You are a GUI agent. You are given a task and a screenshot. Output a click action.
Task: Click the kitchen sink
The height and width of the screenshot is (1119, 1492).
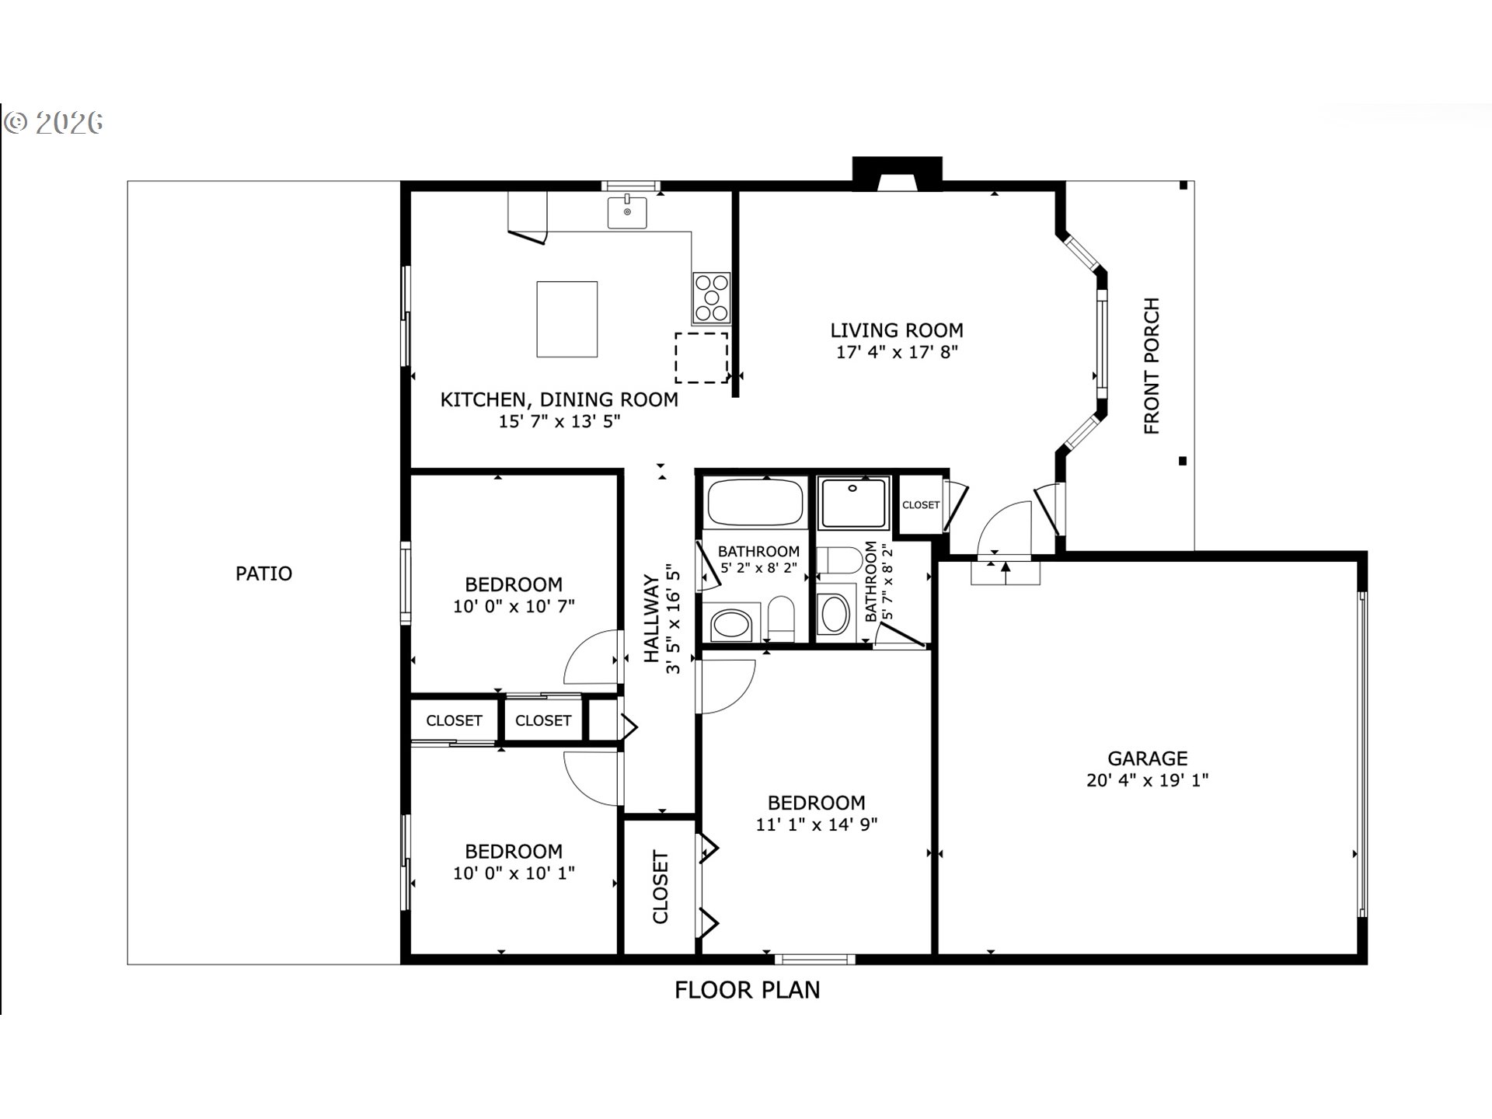pyautogui.click(x=627, y=212)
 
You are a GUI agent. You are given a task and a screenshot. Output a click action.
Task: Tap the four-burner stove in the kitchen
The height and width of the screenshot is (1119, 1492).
pyautogui.click(x=712, y=298)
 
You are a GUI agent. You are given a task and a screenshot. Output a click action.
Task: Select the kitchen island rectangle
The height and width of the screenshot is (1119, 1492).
pyautogui.click(x=567, y=319)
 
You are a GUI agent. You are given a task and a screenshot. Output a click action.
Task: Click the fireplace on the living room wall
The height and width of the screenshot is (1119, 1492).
pyautogui.click(x=898, y=173)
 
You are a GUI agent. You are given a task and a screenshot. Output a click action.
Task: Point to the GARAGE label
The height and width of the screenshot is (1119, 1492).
pyautogui.click(x=1147, y=758)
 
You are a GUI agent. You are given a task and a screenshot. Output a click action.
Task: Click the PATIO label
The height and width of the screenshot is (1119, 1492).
pyautogui.click(x=264, y=573)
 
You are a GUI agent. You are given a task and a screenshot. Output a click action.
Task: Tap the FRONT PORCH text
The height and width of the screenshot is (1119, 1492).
pyautogui.click(x=1152, y=365)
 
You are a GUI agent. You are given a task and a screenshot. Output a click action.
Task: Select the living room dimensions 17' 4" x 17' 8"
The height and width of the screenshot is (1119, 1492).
pyautogui.click(x=897, y=352)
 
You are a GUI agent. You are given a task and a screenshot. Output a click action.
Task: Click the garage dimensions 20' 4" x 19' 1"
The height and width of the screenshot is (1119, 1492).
pyautogui.click(x=1147, y=780)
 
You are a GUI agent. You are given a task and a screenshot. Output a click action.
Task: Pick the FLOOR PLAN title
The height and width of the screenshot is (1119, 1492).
pyautogui.click(x=747, y=990)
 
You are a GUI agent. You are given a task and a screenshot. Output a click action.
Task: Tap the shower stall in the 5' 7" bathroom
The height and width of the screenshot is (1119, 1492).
pyautogui.click(x=853, y=503)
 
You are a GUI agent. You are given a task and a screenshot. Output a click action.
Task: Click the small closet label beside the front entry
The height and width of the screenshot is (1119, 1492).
pyautogui.click(x=921, y=505)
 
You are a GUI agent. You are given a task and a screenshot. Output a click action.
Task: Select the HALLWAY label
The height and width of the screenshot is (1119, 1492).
pyautogui.click(x=651, y=619)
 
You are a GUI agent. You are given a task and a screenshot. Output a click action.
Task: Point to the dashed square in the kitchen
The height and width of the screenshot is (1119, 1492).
pyautogui.click(x=701, y=357)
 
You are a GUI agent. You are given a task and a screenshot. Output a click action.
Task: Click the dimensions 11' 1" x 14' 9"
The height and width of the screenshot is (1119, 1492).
pyautogui.click(x=817, y=824)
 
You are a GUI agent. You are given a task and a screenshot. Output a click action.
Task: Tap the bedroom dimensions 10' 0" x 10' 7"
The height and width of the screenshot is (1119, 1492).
pyautogui.click(x=514, y=606)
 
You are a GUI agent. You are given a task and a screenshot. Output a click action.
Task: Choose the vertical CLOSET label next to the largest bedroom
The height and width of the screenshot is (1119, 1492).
pyautogui.click(x=660, y=887)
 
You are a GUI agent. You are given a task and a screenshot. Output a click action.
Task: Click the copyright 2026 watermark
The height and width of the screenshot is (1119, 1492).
pyautogui.click(x=53, y=123)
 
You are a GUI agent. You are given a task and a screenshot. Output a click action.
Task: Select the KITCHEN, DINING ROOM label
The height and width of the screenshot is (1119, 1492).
pyautogui.click(x=559, y=399)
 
